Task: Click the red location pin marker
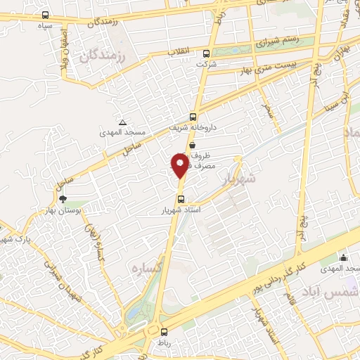[x=180, y=165]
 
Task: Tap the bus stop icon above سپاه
[x=46, y=15]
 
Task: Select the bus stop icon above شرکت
[x=206, y=53]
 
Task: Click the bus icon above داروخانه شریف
[x=193, y=117]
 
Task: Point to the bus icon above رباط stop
[x=164, y=332]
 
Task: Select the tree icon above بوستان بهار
[x=63, y=200]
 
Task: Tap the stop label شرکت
[x=206, y=64]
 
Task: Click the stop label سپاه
[x=46, y=25]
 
